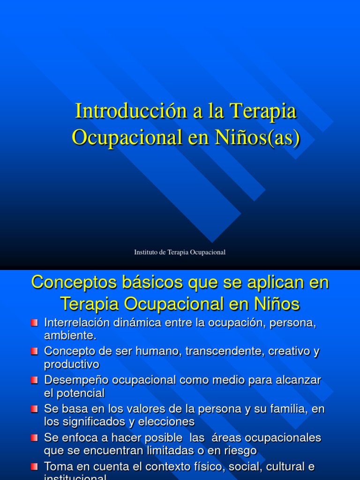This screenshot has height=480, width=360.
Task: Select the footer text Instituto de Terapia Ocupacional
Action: click(x=180, y=252)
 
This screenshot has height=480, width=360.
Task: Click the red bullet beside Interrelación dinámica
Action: click(x=34, y=323)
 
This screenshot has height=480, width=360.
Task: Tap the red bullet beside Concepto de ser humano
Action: click(x=34, y=351)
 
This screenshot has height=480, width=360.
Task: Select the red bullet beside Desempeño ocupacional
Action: click(x=34, y=380)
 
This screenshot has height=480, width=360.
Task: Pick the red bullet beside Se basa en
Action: click(x=34, y=409)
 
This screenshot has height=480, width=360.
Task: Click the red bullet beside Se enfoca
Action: click(x=34, y=438)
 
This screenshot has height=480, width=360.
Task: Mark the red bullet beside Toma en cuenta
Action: click(x=34, y=467)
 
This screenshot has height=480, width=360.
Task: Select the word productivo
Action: click(x=72, y=364)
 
